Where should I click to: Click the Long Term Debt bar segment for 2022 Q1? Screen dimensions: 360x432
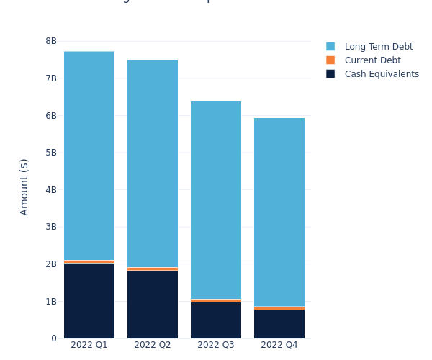(x=89, y=156)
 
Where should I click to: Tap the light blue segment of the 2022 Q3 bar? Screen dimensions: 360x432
(x=216, y=199)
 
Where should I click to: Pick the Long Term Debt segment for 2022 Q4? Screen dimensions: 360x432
(x=279, y=212)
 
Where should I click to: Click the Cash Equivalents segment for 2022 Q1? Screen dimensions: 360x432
(x=89, y=300)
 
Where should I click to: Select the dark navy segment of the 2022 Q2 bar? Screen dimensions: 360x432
(x=153, y=304)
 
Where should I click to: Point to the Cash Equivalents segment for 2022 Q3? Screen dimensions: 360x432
(x=216, y=320)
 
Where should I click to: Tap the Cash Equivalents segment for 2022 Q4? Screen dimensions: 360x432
(x=279, y=324)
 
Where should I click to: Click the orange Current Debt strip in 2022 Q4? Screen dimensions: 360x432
(x=279, y=308)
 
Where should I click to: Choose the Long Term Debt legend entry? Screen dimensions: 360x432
(x=378, y=47)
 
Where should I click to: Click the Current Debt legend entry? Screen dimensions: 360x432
(x=372, y=60)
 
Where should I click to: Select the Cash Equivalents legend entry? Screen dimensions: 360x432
(x=381, y=74)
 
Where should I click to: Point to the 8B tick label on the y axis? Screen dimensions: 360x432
(x=51, y=41)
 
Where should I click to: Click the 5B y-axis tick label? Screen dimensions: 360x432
(x=51, y=153)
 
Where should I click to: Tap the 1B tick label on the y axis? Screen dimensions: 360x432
(x=51, y=301)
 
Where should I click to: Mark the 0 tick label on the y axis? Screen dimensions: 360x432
(x=53, y=338)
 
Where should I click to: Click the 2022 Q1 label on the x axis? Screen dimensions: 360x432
(x=89, y=345)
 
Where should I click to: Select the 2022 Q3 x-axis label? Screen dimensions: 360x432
(x=216, y=345)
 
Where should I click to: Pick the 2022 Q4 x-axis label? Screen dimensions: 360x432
(x=279, y=345)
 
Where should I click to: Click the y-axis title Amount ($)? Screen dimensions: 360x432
(x=24, y=186)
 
